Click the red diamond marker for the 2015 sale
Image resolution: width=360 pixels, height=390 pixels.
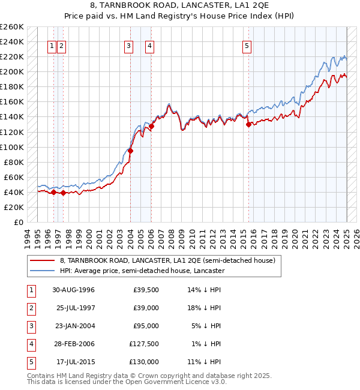coord(248,125)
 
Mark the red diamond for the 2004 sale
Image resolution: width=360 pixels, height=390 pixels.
coord(130,151)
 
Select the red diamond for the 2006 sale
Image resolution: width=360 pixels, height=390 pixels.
coord(152,126)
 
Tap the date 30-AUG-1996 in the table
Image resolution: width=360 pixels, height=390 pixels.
coord(74,290)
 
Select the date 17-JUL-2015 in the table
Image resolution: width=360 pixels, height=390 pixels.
coord(76,362)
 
